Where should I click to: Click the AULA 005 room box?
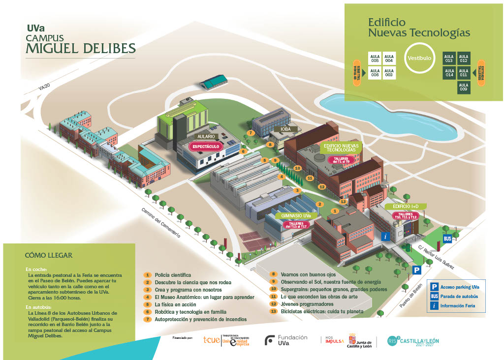click(x=375, y=59)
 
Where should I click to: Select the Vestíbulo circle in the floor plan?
click(x=419, y=58)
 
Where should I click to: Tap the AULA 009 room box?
click(x=463, y=87)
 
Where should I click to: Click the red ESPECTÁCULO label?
click(x=206, y=146)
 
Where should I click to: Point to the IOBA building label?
click(x=286, y=129)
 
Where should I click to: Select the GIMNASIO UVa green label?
click(x=296, y=216)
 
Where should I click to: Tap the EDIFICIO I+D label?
click(x=406, y=206)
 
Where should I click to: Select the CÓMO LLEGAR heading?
click(x=49, y=255)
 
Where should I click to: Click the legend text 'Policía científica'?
click(x=172, y=275)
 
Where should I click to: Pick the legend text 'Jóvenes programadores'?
click(x=307, y=304)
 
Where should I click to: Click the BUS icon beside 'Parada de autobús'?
click(x=435, y=297)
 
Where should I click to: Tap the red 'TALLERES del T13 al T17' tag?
click(x=296, y=225)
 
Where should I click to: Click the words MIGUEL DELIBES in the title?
click(x=80, y=48)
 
